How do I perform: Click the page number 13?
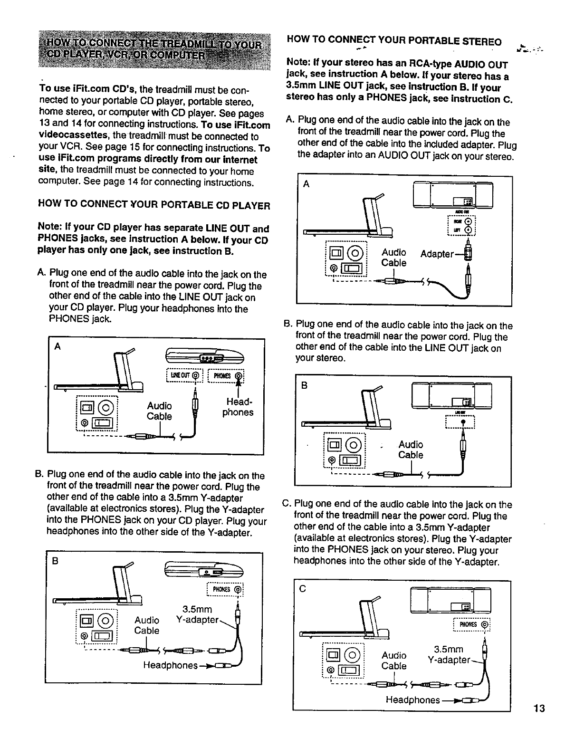(538, 709)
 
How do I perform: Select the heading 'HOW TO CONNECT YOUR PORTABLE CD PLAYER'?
(154, 205)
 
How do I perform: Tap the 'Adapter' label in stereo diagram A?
(437, 254)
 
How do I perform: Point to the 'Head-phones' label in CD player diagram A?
(238, 407)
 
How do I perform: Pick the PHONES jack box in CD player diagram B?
(225, 591)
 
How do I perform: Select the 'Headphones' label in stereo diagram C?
(412, 700)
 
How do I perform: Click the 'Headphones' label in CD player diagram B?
(170, 665)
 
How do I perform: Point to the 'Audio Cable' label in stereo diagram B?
(411, 450)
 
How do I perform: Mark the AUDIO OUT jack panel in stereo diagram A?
(461, 225)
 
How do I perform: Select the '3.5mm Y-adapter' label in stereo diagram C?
(449, 655)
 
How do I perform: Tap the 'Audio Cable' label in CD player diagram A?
(159, 411)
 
